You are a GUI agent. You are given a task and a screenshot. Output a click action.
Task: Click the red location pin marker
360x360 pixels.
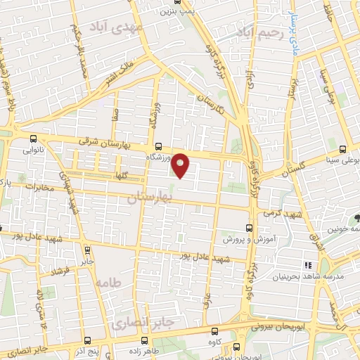click(181, 165)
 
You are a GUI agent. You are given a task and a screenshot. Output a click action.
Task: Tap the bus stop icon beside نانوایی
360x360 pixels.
click(34, 138)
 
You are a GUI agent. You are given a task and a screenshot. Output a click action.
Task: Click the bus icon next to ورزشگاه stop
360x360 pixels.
click(157, 147)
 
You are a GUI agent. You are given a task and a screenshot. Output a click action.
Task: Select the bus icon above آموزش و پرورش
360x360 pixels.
click(248, 228)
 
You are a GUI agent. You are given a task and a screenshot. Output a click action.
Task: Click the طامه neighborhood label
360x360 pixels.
click(105, 283)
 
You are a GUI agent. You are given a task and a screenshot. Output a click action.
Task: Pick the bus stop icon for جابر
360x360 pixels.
click(86, 249)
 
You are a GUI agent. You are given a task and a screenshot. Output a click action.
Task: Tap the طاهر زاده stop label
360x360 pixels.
click(147, 349)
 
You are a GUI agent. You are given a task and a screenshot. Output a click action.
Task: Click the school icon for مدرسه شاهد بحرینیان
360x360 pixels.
click(307, 265)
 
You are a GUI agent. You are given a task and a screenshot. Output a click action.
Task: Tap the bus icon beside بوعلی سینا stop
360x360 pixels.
click(342, 149)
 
